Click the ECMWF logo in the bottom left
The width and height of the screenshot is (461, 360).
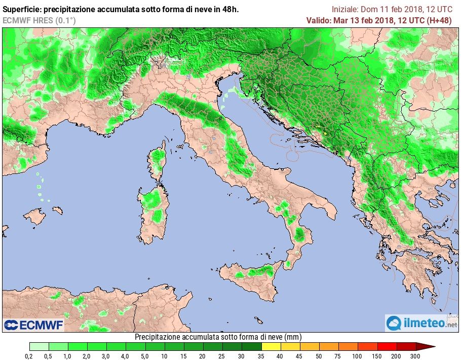coord(34,325)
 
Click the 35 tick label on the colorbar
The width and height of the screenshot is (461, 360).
coord(261,356)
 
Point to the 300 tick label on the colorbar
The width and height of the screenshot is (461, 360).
coord(415,356)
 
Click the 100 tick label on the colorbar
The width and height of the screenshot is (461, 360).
coord(358,356)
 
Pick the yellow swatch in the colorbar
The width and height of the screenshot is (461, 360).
coord(271,347)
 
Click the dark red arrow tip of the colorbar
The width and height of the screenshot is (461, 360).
coord(426,347)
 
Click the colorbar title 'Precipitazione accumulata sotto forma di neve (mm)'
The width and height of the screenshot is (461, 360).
coord(218,337)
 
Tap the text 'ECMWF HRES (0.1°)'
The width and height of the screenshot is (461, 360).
coord(39,20)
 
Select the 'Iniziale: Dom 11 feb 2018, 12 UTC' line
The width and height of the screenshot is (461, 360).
coord(392,9)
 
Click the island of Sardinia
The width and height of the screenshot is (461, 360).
coord(152,208)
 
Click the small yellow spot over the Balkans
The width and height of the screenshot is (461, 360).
coord(324,133)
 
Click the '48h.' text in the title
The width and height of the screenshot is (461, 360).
coord(230,9)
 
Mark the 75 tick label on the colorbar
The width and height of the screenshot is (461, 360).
coord(338,356)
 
